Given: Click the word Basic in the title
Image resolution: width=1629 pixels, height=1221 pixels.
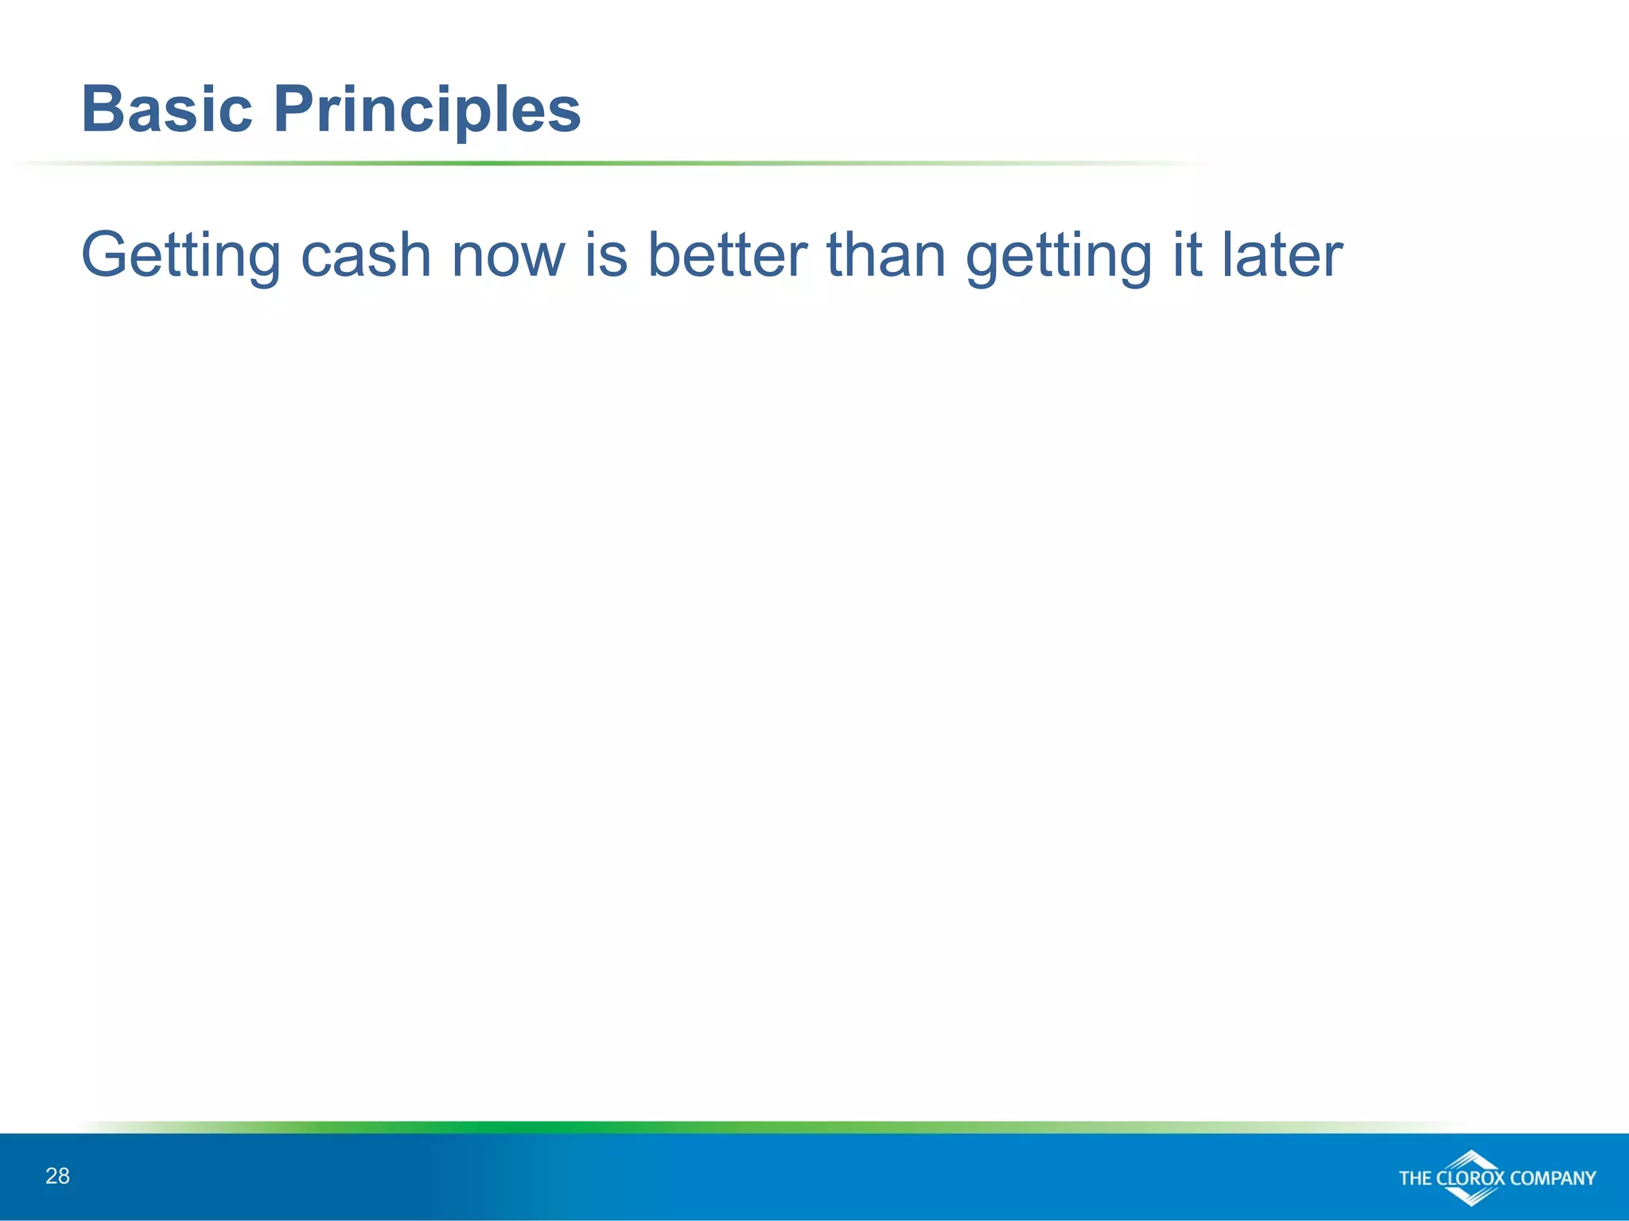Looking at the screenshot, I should click(x=167, y=110).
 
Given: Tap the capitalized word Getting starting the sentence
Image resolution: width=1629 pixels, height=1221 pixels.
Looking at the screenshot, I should click(x=181, y=256).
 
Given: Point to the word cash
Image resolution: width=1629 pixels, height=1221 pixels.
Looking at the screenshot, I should click(x=366, y=256).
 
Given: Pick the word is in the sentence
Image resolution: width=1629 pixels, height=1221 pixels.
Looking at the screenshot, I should click(x=606, y=256).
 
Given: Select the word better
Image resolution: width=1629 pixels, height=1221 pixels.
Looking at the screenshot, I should click(x=727, y=256).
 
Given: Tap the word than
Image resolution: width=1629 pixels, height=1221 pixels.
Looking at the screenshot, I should click(x=886, y=256).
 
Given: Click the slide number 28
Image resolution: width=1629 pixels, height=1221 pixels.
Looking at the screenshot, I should click(x=57, y=1176).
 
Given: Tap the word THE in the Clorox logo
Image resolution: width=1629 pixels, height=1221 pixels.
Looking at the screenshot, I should click(x=1416, y=1178).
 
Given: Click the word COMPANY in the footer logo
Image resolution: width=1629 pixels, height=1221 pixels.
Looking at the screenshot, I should click(x=1553, y=1178).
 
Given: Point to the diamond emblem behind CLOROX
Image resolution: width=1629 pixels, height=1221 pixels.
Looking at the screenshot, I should click(x=1472, y=1160).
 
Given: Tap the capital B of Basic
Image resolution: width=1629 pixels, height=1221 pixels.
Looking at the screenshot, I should click(x=103, y=110).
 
